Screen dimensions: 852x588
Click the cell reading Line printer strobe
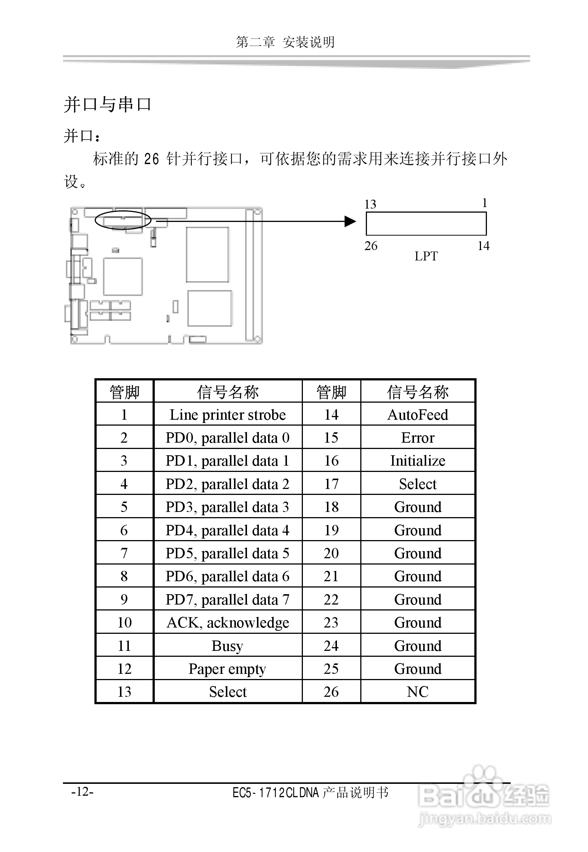pos(227,415)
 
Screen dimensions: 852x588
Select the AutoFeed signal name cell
pos(417,415)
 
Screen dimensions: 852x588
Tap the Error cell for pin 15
pos(417,437)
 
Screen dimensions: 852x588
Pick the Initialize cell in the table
pos(417,460)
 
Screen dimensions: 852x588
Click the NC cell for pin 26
pos(417,692)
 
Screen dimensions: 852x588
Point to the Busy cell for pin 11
pos(227,646)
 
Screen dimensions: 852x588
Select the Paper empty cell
pos(227,669)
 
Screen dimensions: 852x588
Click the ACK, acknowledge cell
pos(227,623)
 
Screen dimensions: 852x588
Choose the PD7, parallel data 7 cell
pos(227,599)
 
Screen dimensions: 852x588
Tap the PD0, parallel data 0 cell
pos(227,437)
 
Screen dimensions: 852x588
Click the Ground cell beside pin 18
pos(417,507)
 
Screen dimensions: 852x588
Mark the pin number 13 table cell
pos(124,692)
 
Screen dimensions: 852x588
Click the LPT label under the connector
pos(426,256)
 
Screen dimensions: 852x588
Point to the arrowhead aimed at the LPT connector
pos(350,222)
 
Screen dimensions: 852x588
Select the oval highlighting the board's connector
pos(123,220)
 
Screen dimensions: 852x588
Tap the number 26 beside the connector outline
pos(371,246)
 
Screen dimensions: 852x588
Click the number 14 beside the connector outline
pos(483,246)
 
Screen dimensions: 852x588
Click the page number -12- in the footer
pos(82,792)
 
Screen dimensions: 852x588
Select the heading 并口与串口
pos(107,104)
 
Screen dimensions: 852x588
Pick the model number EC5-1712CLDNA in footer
pos(275,793)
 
